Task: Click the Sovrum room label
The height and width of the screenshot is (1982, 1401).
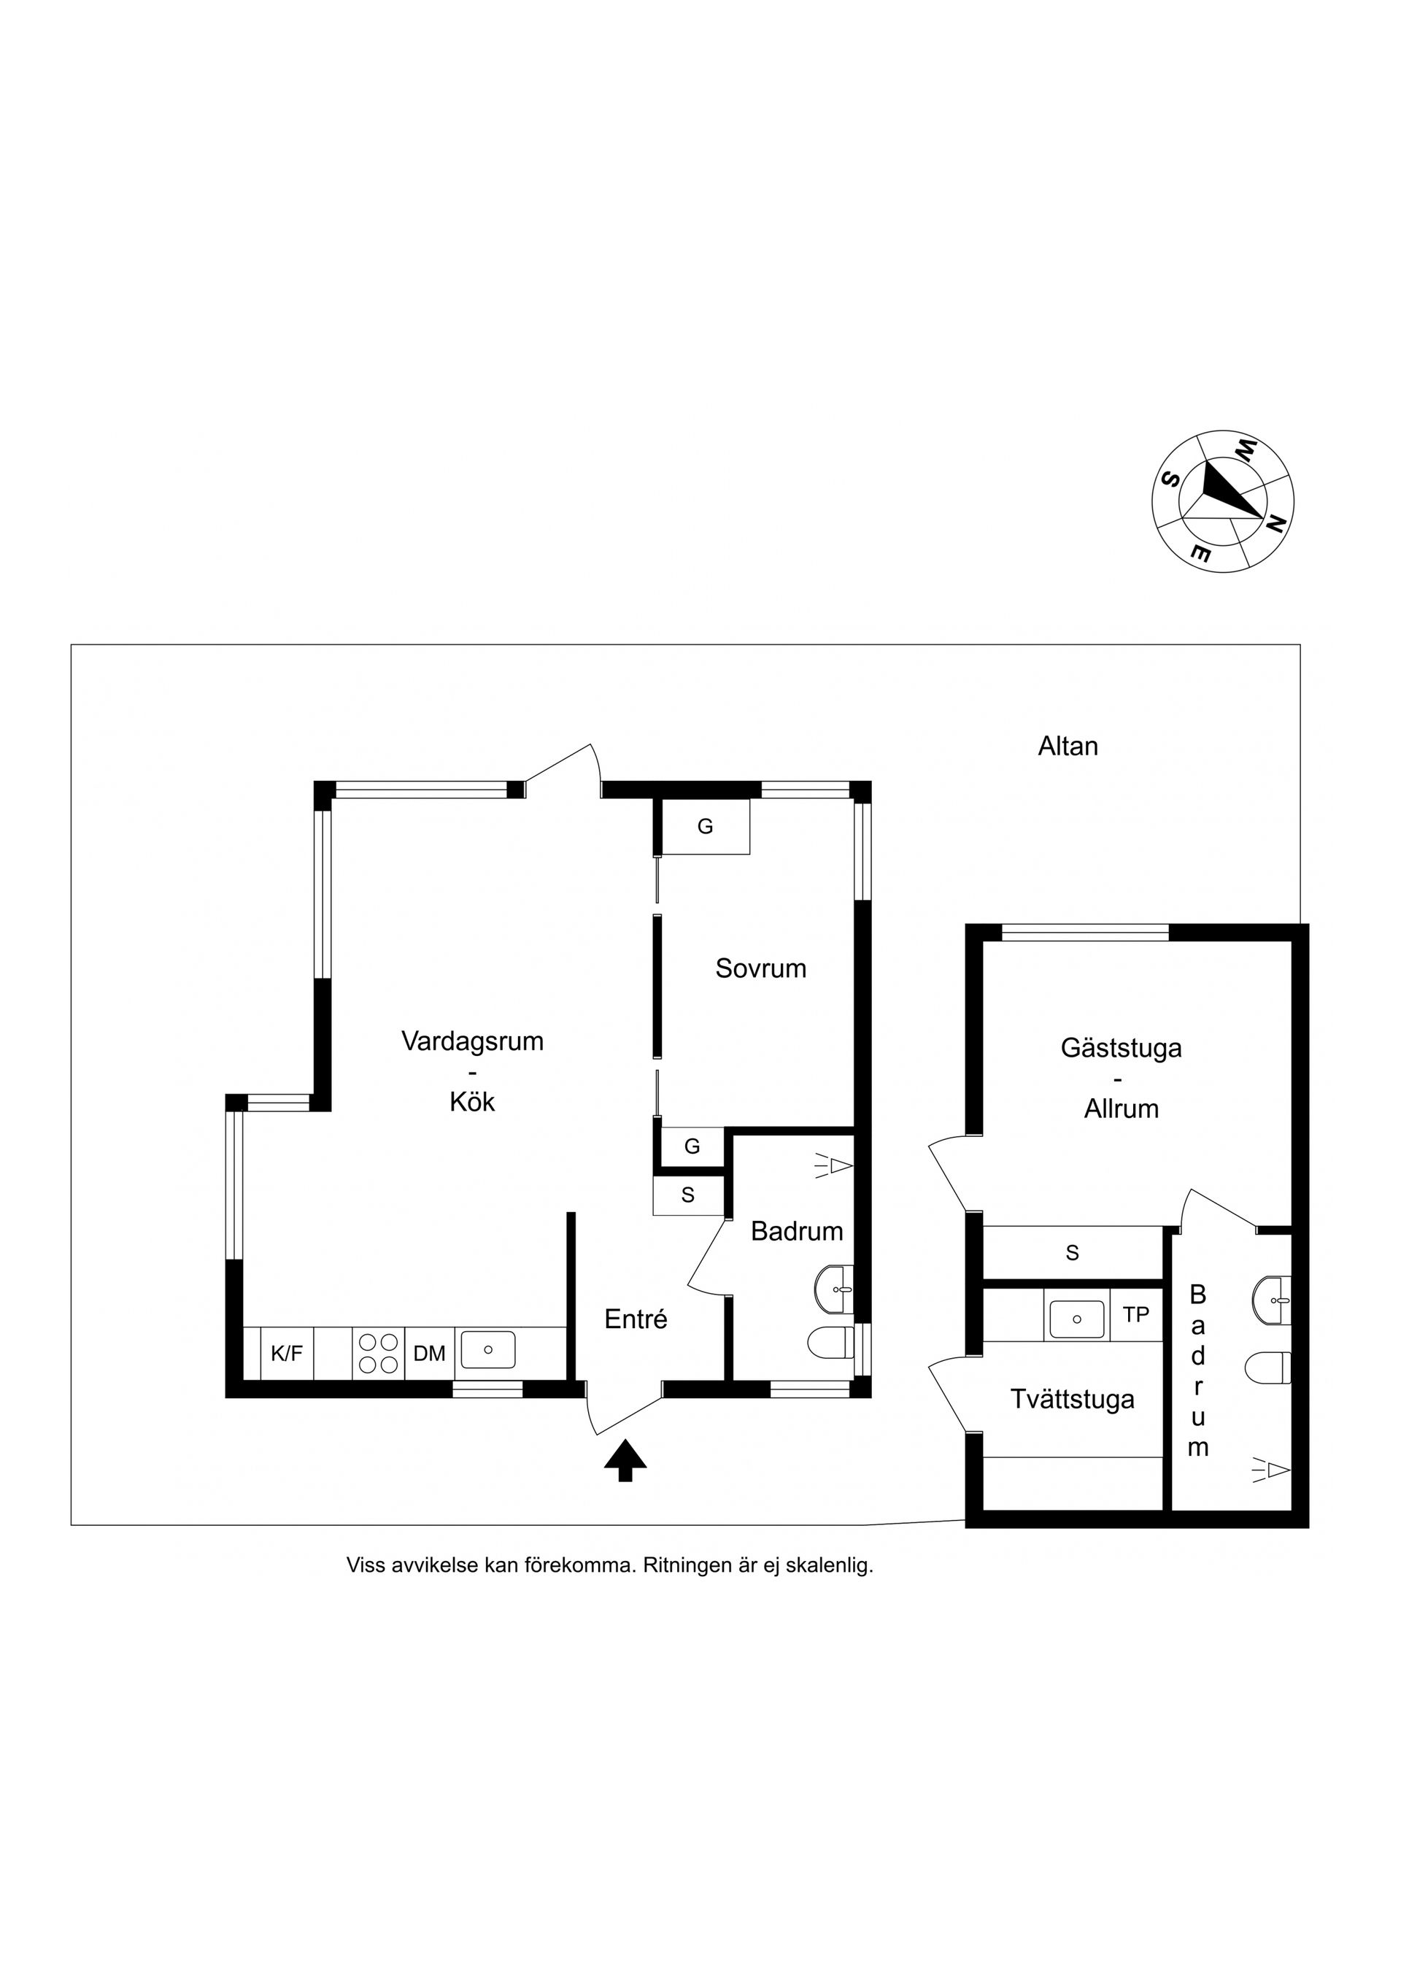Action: tap(760, 968)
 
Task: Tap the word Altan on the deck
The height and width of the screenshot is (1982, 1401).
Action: tap(1068, 746)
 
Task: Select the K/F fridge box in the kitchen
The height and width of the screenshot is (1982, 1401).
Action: tap(287, 1354)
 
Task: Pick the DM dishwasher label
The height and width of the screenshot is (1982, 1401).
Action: tap(429, 1354)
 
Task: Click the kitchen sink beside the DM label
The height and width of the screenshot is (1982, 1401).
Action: tap(487, 1350)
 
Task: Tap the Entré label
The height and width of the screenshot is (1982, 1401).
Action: tap(636, 1319)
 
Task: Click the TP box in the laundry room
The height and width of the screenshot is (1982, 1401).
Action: tap(1136, 1315)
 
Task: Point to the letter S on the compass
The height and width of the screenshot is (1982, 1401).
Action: tap(1170, 480)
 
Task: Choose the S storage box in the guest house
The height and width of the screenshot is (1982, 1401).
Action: tap(1072, 1252)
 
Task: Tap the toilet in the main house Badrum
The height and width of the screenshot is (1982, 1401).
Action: tap(830, 1342)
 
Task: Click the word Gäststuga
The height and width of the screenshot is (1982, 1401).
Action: tap(1122, 1049)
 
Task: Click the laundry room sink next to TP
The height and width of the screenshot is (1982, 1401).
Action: tap(1076, 1319)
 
